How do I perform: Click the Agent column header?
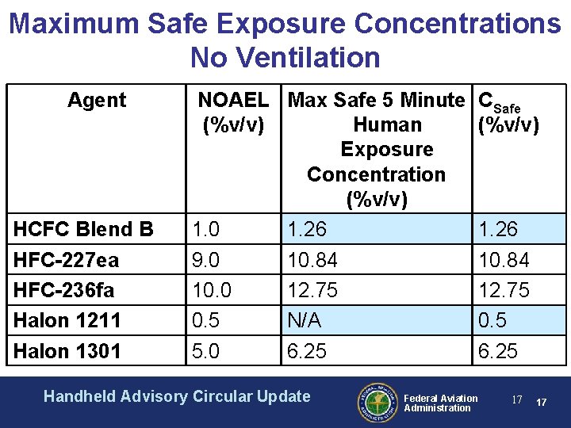point(96,100)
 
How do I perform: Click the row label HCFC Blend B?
point(83,229)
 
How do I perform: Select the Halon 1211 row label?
point(67,320)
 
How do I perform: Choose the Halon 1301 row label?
point(67,350)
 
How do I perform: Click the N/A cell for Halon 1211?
point(305,320)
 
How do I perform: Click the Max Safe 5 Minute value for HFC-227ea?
point(312,260)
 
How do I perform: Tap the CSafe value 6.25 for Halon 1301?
point(497,350)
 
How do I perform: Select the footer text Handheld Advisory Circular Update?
point(177,396)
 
